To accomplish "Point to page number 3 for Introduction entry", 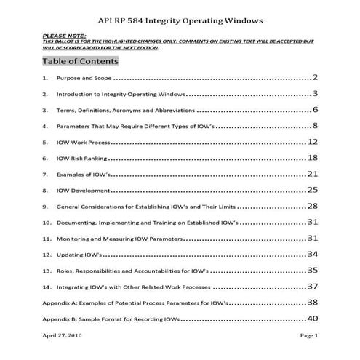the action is [316, 94].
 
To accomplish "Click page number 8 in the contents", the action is [316, 126].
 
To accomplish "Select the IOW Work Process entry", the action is [79, 143].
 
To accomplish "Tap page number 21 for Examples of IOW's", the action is [313, 175].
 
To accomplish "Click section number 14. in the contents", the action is [47, 287].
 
